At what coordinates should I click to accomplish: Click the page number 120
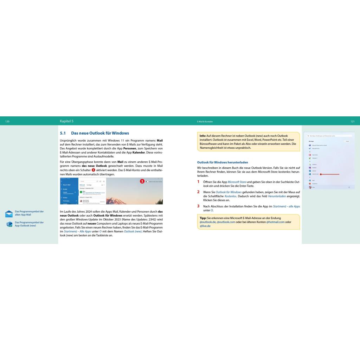7,121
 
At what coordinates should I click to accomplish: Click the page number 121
352,121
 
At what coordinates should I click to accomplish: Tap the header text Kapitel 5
67,121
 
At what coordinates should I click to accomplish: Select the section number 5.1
63,133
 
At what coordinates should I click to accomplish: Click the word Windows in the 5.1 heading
121,133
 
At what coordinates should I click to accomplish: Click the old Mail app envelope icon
9,214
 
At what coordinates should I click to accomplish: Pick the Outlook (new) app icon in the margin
9,224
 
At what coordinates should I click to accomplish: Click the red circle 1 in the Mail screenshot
142,181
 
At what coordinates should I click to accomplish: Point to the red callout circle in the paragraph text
93,170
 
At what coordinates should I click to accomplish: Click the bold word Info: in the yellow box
203,136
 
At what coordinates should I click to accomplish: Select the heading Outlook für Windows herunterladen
223,162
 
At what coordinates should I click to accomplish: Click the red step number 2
198,192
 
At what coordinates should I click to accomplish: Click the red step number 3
198,206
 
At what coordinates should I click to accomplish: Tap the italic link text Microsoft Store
237,182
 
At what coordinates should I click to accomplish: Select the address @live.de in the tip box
205,226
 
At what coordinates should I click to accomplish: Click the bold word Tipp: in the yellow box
203,218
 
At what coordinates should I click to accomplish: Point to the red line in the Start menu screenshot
330,174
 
